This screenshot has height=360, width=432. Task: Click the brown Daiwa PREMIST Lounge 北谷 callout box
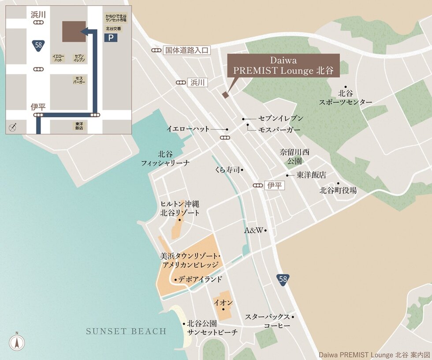(x=283, y=65)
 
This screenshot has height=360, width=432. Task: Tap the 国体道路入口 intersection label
(x=186, y=50)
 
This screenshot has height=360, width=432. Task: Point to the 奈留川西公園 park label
(x=294, y=156)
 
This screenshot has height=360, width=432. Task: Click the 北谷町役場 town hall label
(x=338, y=191)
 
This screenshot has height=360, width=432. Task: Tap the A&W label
(x=254, y=230)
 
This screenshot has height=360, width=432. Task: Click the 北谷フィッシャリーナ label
(x=165, y=159)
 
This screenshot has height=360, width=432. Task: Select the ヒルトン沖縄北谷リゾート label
(x=179, y=208)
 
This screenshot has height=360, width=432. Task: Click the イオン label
(x=223, y=303)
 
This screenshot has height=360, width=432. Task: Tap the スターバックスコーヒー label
(x=268, y=321)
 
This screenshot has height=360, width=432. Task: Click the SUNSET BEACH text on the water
(x=126, y=331)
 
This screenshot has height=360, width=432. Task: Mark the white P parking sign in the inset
(x=111, y=38)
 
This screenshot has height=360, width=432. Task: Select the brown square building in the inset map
(x=74, y=31)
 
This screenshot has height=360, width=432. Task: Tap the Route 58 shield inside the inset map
(x=38, y=45)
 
